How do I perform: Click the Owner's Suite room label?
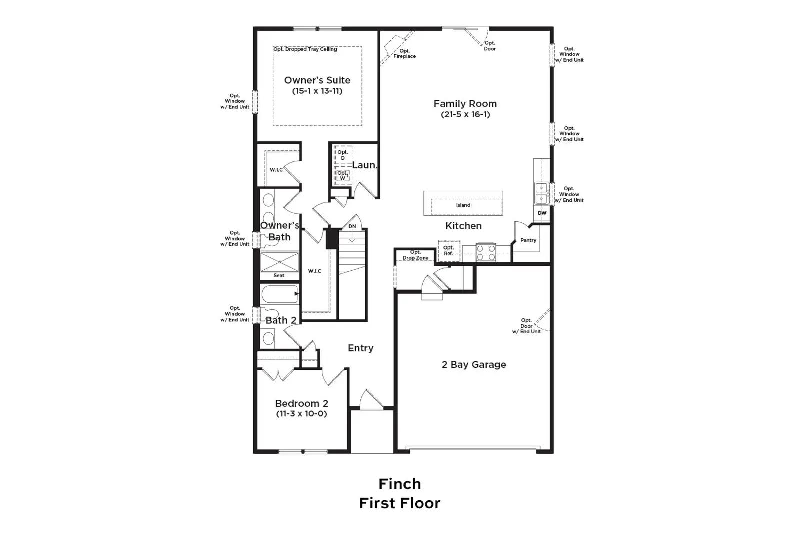pos(317,80)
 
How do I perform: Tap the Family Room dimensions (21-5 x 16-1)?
pos(465,114)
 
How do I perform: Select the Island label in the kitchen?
pos(463,205)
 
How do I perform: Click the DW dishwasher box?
pos(542,213)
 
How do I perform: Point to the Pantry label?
pos(528,240)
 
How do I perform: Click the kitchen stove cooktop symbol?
pos(486,252)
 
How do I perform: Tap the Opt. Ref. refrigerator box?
pos(449,250)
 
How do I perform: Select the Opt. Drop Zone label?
pos(415,255)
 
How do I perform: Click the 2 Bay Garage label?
pos(474,365)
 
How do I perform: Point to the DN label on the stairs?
pos(352,227)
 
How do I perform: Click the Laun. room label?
pos(364,165)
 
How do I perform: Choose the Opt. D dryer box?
pos(343,155)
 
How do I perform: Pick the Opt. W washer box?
pos(343,175)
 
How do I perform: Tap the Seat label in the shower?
pos(279,275)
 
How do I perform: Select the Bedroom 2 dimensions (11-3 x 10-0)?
pos(301,414)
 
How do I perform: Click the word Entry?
pos(360,348)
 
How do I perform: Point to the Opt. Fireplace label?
pos(404,54)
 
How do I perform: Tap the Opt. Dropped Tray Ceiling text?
pos(305,49)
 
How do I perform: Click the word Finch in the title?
pos(399,484)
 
